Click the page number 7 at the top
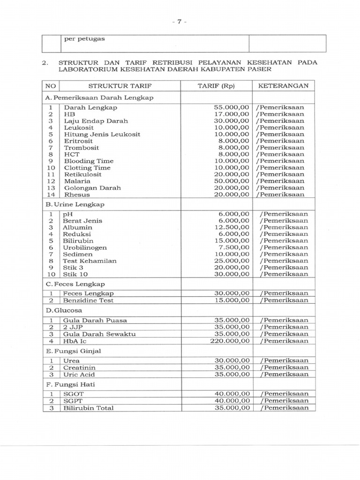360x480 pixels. (179, 22)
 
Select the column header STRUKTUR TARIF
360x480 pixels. (120, 86)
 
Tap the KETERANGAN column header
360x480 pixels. (283, 86)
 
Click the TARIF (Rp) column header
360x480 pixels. (216, 86)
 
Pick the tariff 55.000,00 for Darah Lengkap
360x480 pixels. (232, 107)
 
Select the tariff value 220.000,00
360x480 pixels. (230, 341)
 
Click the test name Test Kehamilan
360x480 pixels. (90, 261)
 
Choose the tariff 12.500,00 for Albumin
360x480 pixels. (232, 227)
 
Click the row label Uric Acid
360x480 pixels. (79, 374)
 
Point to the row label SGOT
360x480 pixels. (73, 394)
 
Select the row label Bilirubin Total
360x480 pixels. (89, 408)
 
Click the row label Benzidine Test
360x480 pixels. (89, 300)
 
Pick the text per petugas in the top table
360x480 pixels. (84, 39)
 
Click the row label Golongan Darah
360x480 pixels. (92, 187)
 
